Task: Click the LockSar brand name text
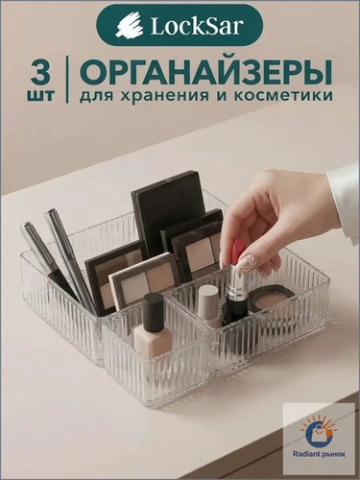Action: pyautogui.click(x=195, y=26)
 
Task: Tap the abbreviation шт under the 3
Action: pyautogui.click(x=40, y=95)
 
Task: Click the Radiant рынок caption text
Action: pyautogui.click(x=319, y=455)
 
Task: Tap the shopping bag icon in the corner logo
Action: pyautogui.click(x=318, y=433)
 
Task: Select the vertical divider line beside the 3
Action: pyautogui.click(x=67, y=79)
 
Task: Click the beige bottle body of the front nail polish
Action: pyautogui.click(x=150, y=340)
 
